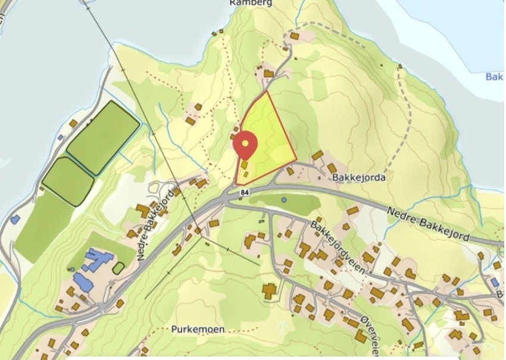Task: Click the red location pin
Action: [x=245, y=145]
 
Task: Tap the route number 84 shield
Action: [x=245, y=193]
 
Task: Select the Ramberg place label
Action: [x=251, y=3]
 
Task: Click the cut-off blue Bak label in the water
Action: [x=494, y=77]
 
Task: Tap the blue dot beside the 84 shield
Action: [x=284, y=200]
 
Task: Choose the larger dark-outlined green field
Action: [x=103, y=137]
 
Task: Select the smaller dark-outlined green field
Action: [x=68, y=181]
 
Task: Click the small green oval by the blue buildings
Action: [x=118, y=268]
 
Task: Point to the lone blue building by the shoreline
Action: [x=15, y=219]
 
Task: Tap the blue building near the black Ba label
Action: [x=494, y=282]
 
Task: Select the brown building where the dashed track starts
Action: [x=294, y=36]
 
